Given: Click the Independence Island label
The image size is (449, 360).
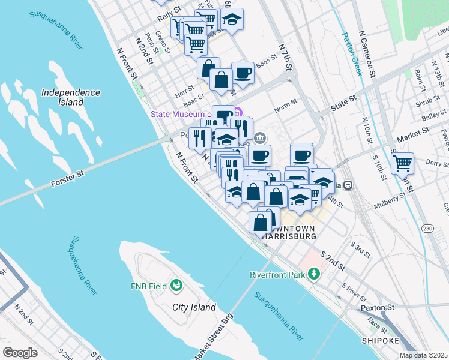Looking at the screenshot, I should (x=70, y=97).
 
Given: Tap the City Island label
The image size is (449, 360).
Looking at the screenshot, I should (x=194, y=307).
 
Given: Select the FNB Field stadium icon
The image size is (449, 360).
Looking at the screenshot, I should (x=176, y=284).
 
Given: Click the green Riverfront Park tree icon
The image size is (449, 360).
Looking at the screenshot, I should (x=313, y=274).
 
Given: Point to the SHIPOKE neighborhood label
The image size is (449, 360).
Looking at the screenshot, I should (x=381, y=340).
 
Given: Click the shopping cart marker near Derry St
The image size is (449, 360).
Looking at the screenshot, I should (x=402, y=161).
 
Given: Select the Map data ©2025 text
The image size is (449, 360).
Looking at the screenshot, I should (x=423, y=355).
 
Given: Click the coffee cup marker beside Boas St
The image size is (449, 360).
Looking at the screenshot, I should (x=243, y=73).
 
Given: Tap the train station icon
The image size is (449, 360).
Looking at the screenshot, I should (x=355, y=185).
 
